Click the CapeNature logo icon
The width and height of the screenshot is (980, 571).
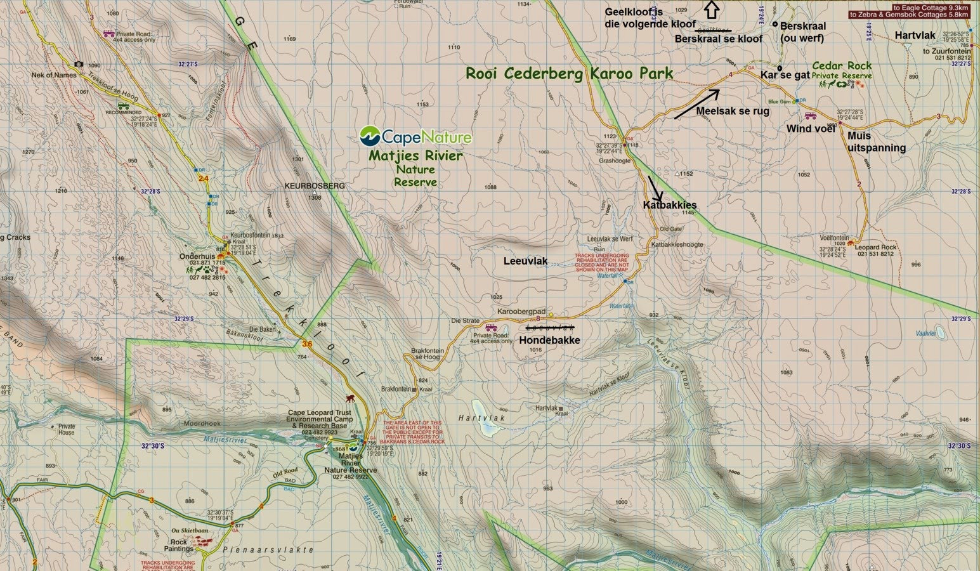pyautogui.click(x=370, y=136)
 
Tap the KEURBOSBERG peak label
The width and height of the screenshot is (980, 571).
pyautogui.click(x=315, y=186)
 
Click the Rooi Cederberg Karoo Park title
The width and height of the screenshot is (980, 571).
pyautogui.click(x=569, y=74)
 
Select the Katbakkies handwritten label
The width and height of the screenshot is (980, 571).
pyautogui.click(x=669, y=205)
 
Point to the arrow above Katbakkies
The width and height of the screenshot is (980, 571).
pyautogui.click(x=655, y=188)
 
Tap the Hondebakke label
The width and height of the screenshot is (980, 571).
pyautogui.click(x=549, y=340)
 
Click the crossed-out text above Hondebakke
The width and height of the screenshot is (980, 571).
pyautogui.click(x=550, y=327)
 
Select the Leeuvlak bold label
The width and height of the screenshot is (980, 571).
pyautogui.click(x=525, y=261)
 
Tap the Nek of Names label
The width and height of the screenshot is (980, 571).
pyautogui.click(x=54, y=75)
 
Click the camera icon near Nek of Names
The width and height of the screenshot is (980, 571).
pyautogui.click(x=79, y=64)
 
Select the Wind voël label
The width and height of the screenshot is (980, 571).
pyautogui.click(x=811, y=129)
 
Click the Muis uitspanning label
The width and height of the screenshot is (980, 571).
pyautogui.click(x=876, y=141)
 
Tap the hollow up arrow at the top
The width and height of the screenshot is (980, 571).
pyautogui.click(x=712, y=9)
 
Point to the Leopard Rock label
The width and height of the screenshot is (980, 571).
pyautogui.click(x=875, y=247)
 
